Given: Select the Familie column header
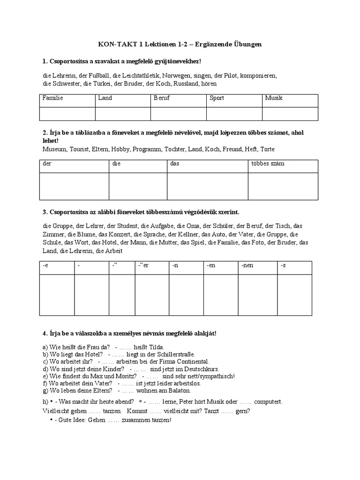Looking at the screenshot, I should coord(52,98).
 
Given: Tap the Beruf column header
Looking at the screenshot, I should coord(162,98).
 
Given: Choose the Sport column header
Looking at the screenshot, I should coord(217,98).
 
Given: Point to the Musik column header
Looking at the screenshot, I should coord(274,98).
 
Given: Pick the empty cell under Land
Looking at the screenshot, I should coord(123,114).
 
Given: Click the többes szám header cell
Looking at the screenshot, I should coord(268,164).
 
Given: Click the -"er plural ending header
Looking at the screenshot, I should coord(143,266).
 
